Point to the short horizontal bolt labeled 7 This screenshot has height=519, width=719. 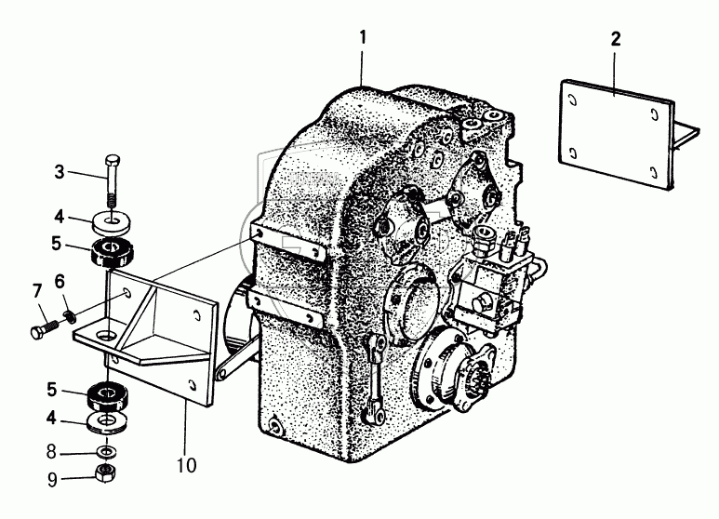click(47, 327)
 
